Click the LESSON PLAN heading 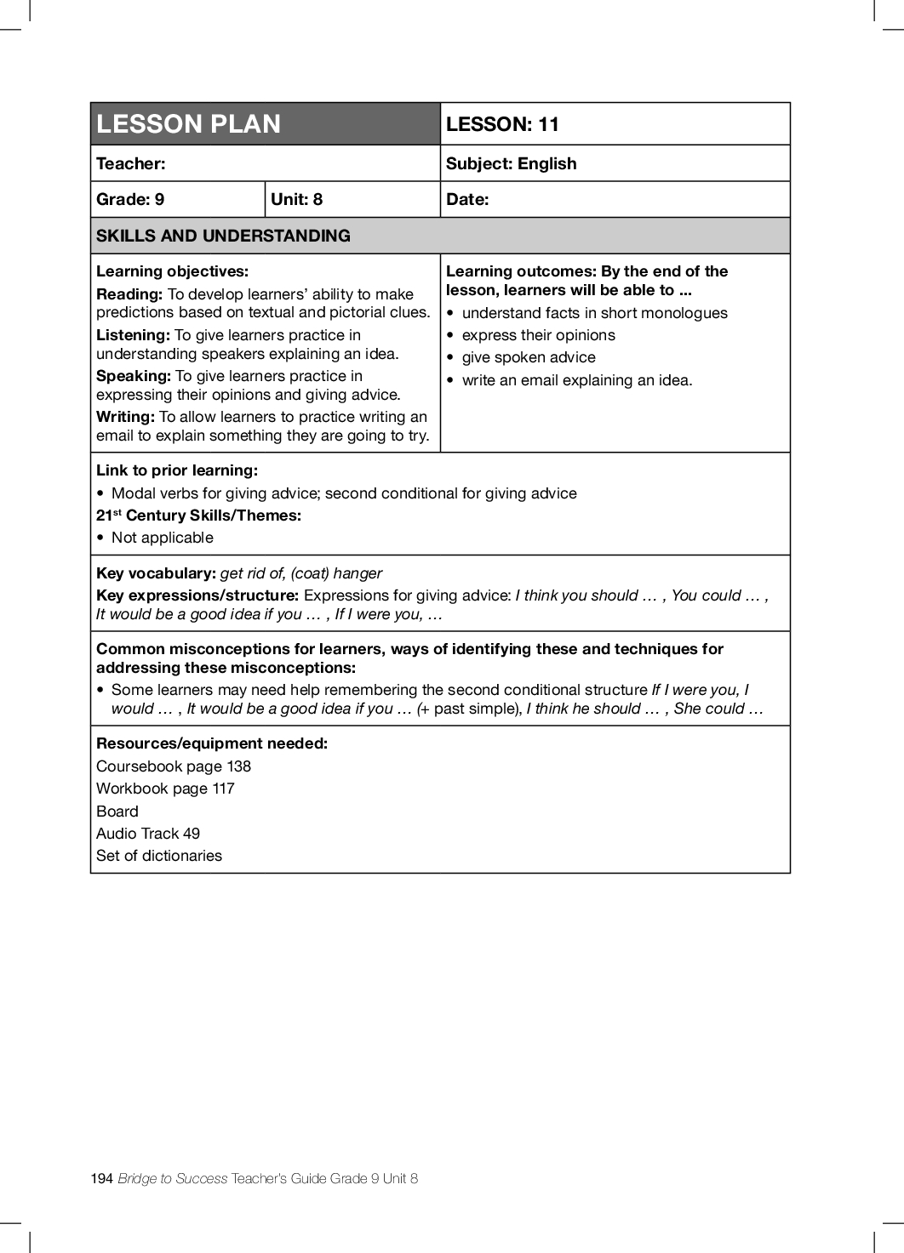[x=188, y=124]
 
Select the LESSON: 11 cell [x=502, y=124]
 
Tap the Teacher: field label [x=131, y=163]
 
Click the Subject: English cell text [x=511, y=163]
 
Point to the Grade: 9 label [x=130, y=199]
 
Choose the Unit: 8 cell [x=296, y=199]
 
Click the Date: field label [x=467, y=199]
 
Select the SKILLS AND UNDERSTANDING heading [x=223, y=236]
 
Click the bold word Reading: [x=129, y=294]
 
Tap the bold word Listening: [x=133, y=335]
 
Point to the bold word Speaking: [x=134, y=376]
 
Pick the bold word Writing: [x=125, y=417]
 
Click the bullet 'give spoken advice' [x=529, y=357]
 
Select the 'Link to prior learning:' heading [x=177, y=470]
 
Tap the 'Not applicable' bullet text [x=163, y=538]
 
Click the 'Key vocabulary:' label [x=156, y=573]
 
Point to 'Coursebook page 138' [x=174, y=766]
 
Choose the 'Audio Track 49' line [x=148, y=834]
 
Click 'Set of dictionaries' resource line [x=159, y=856]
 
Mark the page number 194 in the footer [x=101, y=1178]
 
